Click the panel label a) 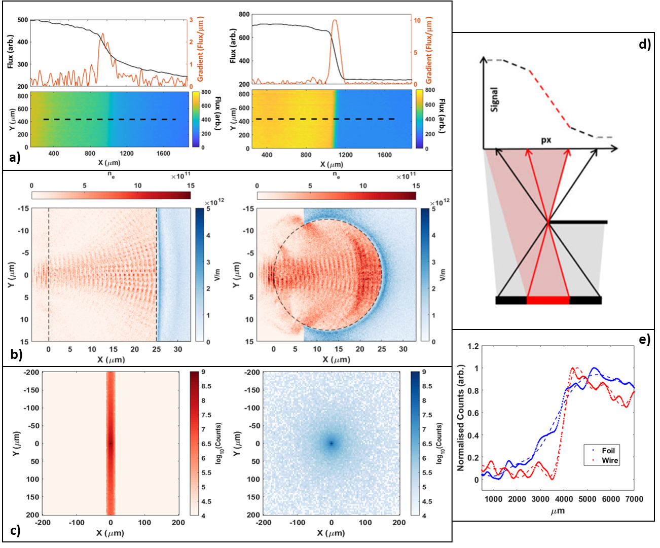[x=15, y=159]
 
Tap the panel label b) [x=16, y=354]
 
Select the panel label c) [x=15, y=531]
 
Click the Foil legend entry [x=608, y=451]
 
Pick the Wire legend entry [x=609, y=460]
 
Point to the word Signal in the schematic [x=494, y=99]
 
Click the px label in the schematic [x=546, y=140]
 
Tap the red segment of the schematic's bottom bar [x=548, y=301]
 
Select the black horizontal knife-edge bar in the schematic [x=578, y=222]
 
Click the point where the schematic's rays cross [x=548, y=222]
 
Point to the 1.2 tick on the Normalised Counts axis [x=473, y=346]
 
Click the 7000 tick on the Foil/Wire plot [x=634, y=499]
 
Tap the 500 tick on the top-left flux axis [x=23, y=20]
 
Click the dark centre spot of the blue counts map [x=332, y=444]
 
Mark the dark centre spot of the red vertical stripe [x=111, y=444]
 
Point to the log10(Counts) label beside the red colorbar [x=219, y=444]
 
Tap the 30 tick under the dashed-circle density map [x=403, y=349]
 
